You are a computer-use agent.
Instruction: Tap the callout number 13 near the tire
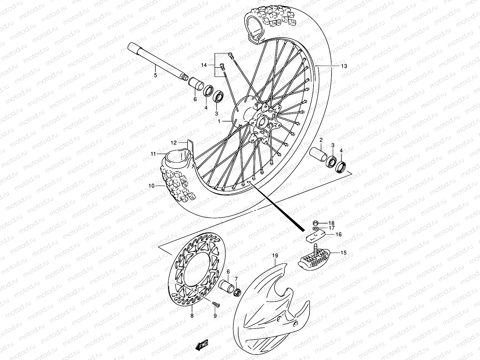coord(344,66)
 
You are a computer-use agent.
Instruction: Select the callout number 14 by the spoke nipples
coord(204,65)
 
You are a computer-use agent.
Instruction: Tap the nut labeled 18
coord(316,223)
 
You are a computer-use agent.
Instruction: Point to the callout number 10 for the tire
coord(151,186)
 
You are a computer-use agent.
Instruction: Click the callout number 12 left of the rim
coord(174,142)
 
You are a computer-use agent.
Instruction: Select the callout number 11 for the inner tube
coord(153,154)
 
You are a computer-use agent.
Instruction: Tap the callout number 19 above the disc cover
coord(275,256)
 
